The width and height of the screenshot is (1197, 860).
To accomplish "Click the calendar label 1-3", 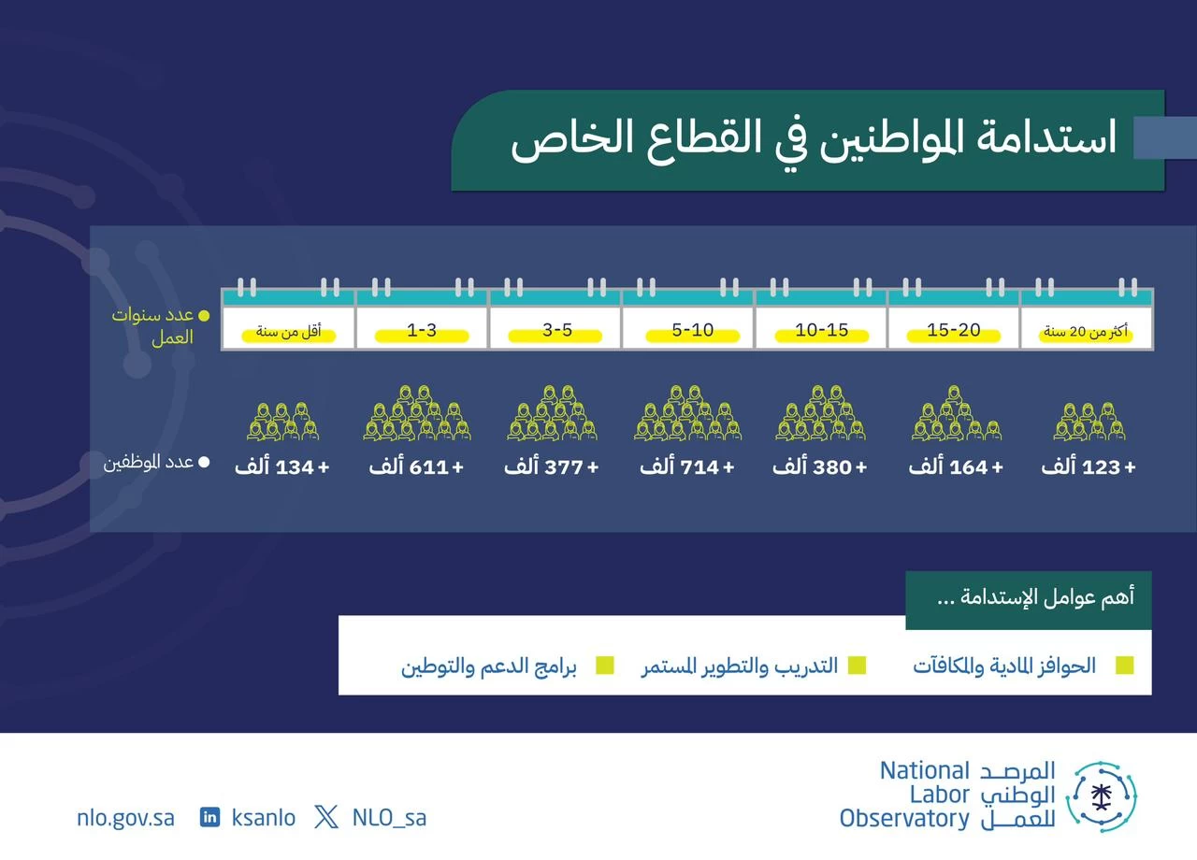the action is click(422, 330).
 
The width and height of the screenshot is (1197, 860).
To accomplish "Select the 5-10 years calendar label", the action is click(693, 330).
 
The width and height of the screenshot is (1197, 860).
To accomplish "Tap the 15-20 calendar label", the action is click(954, 330).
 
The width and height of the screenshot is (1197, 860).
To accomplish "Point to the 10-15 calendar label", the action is click(822, 330).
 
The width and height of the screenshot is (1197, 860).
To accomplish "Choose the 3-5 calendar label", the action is click(557, 330).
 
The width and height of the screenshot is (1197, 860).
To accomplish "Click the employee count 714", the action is click(699, 467).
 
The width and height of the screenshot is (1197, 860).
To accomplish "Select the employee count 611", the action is click(428, 467).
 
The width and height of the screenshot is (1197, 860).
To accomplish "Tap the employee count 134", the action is click(295, 467).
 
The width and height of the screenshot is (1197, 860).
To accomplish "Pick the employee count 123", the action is click(1101, 467).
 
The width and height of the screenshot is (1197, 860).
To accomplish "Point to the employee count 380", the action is click(832, 467).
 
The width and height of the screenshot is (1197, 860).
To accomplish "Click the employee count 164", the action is click(969, 467).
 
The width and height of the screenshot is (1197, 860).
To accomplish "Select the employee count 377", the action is click(564, 467).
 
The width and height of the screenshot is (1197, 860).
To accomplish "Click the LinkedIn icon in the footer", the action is click(209, 817).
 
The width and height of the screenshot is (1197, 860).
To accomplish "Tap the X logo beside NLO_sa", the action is click(326, 817).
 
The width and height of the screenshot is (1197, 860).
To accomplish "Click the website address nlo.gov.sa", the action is click(125, 818).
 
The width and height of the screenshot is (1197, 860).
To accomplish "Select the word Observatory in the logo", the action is click(904, 819).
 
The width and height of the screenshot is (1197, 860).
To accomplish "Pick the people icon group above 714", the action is click(688, 412).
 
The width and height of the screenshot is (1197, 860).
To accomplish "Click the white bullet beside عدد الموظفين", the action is click(204, 462).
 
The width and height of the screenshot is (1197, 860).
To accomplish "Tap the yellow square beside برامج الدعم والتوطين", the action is click(605, 666).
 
